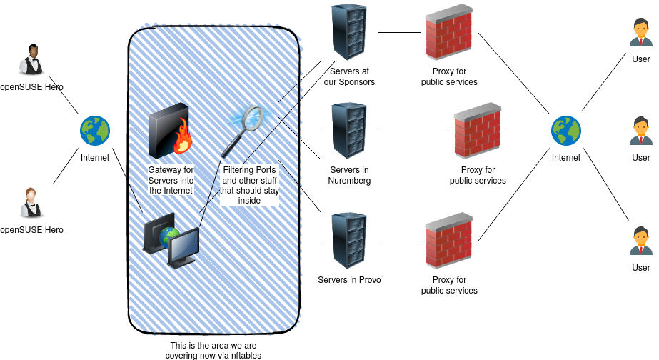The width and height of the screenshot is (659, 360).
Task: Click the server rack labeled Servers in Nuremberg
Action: [349, 130]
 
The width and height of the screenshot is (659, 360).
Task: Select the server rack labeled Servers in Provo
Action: [349, 240]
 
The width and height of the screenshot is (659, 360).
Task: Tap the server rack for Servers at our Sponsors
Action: [349, 31]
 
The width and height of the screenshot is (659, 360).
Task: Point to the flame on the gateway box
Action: [183, 137]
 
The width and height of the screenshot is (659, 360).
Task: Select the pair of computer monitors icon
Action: [171, 240]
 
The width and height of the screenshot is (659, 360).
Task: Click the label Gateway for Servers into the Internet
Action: [171, 180]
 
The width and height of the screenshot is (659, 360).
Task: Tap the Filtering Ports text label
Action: [249, 185]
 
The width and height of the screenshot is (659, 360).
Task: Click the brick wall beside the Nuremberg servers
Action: [478, 131]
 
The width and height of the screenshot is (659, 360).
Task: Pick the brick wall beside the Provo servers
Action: [449, 241]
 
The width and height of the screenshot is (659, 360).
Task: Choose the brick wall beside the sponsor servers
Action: [449, 33]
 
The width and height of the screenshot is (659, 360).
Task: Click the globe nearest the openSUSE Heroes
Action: [95, 131]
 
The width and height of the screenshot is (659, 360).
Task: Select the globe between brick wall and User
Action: [566, 131]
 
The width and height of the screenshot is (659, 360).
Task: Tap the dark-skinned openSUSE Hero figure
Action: [31, 61]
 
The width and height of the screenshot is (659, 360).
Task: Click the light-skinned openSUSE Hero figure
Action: [31, 202]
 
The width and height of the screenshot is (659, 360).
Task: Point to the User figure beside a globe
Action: [641, 131]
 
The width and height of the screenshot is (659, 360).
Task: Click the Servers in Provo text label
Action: [349, 279]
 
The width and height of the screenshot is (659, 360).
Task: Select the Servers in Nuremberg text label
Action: [349, 175]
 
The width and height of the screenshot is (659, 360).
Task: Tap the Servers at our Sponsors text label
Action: [349, 76]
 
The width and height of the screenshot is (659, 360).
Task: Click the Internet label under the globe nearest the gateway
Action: [95, 159]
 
